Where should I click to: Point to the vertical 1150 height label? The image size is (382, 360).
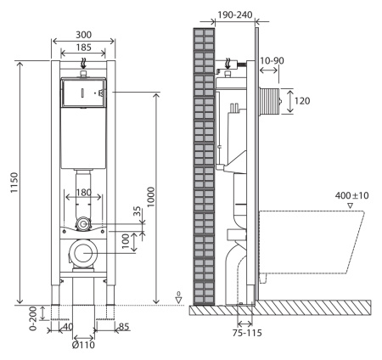(9, 183)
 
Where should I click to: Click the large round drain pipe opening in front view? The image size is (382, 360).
(83, 252)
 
